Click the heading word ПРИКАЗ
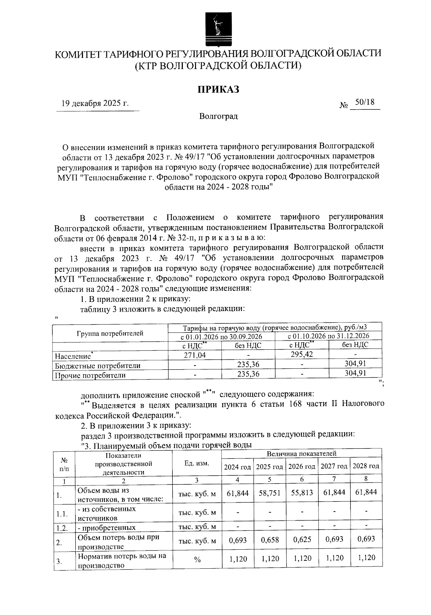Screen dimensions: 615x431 point(218,89)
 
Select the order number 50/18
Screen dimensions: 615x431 point(365,103)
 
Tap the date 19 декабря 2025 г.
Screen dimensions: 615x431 point(95,104)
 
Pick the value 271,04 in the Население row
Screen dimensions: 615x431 point(195,355)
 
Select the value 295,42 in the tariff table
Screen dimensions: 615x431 point(301,354)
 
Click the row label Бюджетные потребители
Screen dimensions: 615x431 point(97,366)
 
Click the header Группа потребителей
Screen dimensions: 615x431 point(110,333)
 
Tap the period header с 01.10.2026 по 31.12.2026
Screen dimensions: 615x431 point(328,336)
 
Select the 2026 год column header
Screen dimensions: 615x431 point(302,467)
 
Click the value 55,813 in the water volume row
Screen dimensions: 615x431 point(302,493)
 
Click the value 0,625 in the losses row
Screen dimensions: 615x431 point(302,540)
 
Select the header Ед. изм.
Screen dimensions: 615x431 point(197,463)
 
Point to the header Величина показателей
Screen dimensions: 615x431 point(301,453)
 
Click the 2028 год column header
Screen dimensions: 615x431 point(366,466)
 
